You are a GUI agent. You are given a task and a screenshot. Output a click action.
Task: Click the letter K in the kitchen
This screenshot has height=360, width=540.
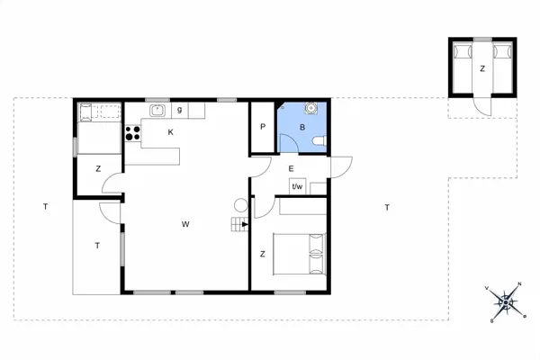click(169, 131)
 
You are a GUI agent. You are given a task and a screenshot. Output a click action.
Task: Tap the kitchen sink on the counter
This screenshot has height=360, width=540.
click(156, 110)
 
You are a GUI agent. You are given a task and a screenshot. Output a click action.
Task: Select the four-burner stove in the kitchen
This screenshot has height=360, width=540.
click(132, 134)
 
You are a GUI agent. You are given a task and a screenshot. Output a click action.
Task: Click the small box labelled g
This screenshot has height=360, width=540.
click(180, 110)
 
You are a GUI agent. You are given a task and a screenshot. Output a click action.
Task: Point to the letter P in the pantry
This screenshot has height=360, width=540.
click(263, 127)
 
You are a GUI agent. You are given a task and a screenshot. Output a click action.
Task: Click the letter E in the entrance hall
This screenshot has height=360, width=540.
click(291, 168)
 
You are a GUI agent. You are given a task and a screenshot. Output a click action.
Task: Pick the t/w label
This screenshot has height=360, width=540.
click(297, 186)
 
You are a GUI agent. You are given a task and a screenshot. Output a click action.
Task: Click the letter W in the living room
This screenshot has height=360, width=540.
click(184, 222)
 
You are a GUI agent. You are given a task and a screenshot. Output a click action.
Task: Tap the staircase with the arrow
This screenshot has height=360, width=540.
click(240, 225)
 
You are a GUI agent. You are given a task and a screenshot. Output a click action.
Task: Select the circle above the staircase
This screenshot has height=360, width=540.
click(240, 205)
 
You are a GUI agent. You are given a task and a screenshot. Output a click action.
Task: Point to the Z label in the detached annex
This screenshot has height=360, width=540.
click(482, 68)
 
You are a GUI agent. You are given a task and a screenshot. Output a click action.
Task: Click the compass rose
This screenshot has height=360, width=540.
click(506, 302)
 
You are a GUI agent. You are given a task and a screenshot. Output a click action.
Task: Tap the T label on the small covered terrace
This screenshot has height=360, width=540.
click(96, 244)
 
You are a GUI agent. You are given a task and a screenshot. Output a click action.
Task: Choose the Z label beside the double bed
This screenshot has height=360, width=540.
click(262, 255)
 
